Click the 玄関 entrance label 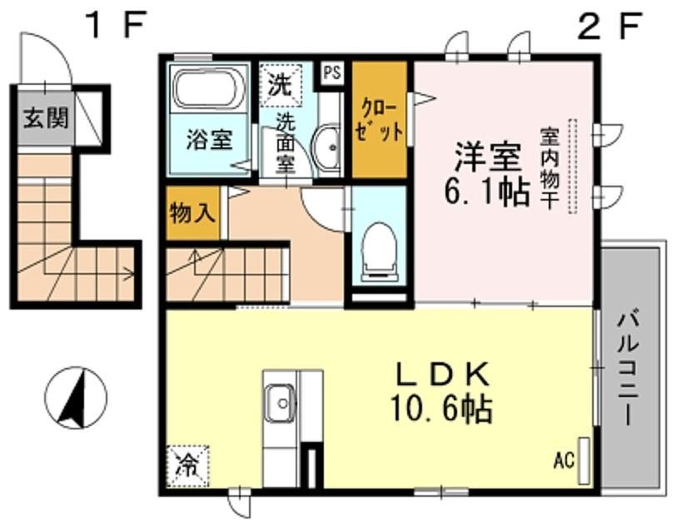[x=46, y=117]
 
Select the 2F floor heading [x=610, y=25]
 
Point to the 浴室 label [x=209, y=140]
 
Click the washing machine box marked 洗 [x=280, y=85]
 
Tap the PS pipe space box [x=332, y=73]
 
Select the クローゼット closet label [x=379, y=121]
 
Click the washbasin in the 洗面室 [x=329, y=147]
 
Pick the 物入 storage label [x=192, y=212]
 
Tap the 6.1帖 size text [x=486, y=191]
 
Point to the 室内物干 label [x=550, y=167]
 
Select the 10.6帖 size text [x=441, y=408]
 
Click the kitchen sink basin [x=281, y=403]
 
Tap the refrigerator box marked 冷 [x=188, y=467]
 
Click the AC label [x=564, y=460]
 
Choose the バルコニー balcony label [x=629, y=366]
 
